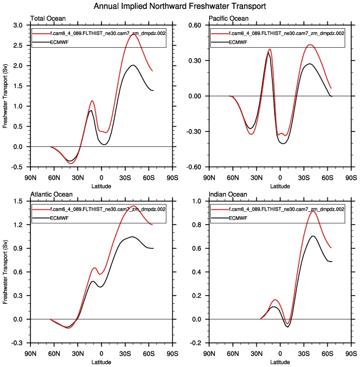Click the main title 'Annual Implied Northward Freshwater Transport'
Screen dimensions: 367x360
point(180,6)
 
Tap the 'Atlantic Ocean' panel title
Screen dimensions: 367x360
point(49,195)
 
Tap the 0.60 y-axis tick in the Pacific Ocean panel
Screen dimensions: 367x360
point(199,26)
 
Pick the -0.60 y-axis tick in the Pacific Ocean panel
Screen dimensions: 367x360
point(197,167)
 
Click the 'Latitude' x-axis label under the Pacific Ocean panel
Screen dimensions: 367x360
point(280,186)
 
